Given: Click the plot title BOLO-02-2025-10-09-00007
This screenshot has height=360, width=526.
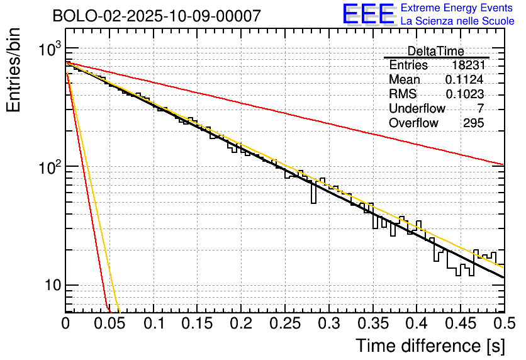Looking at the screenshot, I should click(x=157, y=16).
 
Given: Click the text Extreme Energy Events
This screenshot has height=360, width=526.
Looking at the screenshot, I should click(x=457, y=8).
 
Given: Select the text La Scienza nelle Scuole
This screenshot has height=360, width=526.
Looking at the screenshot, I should click(x=457, y=21).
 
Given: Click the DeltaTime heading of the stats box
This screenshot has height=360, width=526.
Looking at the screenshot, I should click(x=436, y=51).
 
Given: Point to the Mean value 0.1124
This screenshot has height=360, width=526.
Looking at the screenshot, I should click(x=464, y=80).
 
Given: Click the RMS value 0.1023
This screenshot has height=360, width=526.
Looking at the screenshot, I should click(x=464, y=94).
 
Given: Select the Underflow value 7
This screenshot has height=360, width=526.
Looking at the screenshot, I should click(x=480, y=109).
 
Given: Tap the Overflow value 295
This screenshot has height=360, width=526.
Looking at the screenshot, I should click(x=473, y=123).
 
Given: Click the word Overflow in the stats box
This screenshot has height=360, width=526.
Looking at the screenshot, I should click(x=413, y=123).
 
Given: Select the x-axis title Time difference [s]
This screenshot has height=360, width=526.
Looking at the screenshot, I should click(x=428, y=346).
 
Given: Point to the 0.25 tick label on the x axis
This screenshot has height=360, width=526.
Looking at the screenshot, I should click(x=284, y=323).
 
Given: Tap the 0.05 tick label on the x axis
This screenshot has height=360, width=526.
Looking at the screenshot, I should click(x=109, y=323).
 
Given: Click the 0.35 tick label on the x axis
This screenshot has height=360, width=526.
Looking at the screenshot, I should click(x=372, y=323).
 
